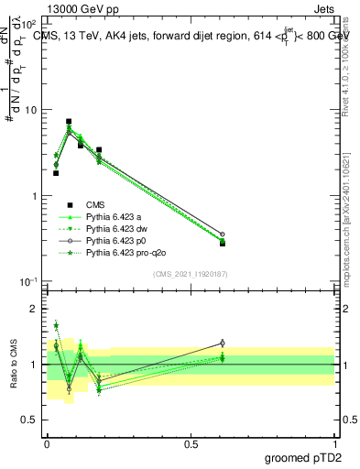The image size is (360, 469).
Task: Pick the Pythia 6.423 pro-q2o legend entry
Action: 122,252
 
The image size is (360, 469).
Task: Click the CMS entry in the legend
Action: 98,204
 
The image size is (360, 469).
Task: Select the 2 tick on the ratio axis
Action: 34,310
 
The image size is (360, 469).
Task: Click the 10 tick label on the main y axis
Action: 29,110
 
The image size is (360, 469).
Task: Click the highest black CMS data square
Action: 69,121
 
